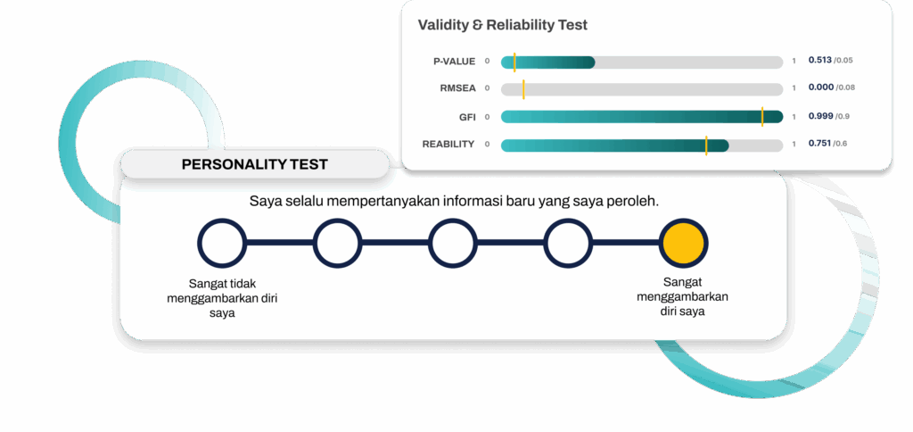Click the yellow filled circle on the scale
coord(684,243)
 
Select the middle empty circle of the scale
coord(452,243)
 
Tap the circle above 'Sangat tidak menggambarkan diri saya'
coord(221,243)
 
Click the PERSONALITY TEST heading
coord(254,164)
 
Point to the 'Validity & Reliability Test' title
coord(503,25)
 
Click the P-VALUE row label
coord(454,62)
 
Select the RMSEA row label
coord(457,88)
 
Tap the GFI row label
coord(467,117)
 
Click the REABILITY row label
coord(448,144)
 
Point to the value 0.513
coord(820,60)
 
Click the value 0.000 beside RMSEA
coord(821,87)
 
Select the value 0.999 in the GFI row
coord(820,116)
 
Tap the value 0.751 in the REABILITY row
coord(819,144)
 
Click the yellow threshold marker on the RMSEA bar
coord(523,89)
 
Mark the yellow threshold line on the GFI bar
coord(762,117)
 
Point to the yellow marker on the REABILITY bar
coord(706,145)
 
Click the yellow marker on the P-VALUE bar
coord(514,62)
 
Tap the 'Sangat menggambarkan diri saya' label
coord(682,296)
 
